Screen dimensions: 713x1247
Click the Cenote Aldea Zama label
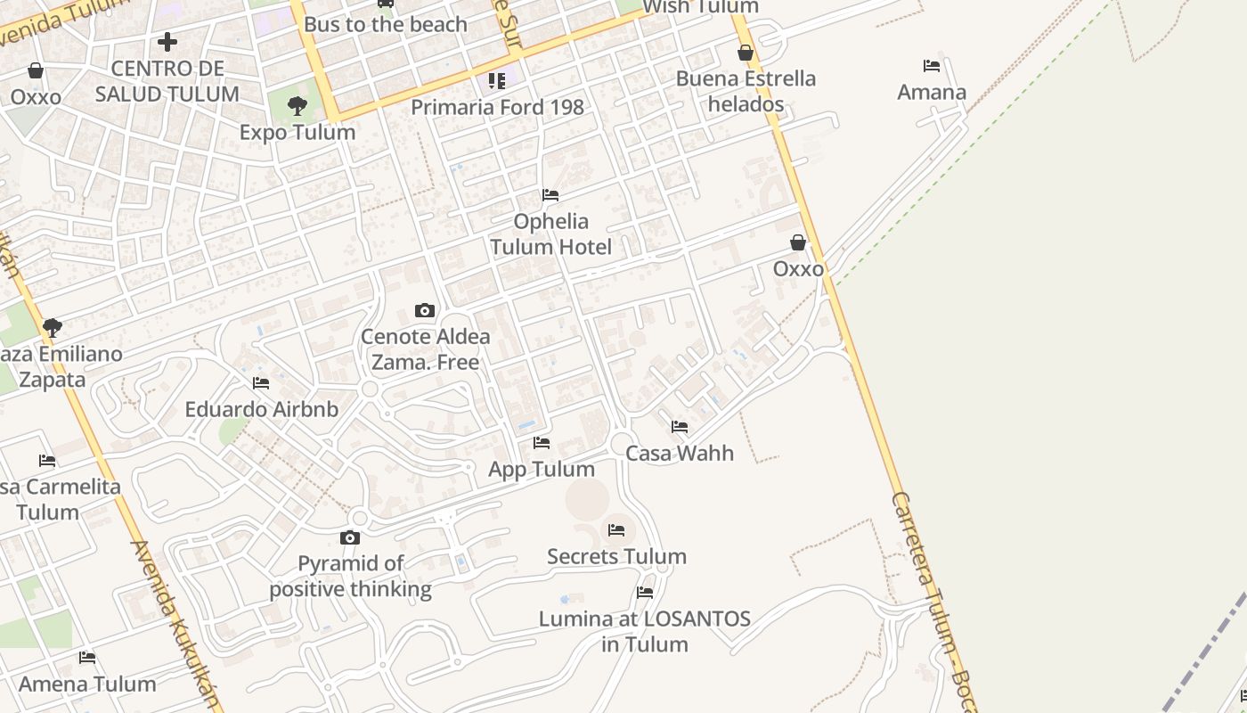pyautogui.click(x=425, y=349)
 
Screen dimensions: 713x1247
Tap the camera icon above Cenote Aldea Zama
pyautogui.click(x=425, y=311)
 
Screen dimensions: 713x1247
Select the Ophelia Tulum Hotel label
pyautogui.click(x=550, y=234)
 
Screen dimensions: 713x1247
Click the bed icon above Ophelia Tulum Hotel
pyautogui.click(x=550, y=195)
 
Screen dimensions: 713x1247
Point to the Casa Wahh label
pyautogui.click(x=680, y=453)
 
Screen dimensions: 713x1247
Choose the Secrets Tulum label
pyautogui.click(x=616, y=557)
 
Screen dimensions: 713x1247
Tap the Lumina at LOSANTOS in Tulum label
pyautogui.click(x=645, y=631)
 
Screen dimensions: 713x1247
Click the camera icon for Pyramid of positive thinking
pyautogui.click(x=350, y=537)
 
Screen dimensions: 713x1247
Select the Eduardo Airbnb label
pyautogui.click(x=261, y=409)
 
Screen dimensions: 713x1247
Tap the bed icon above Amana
pyautogui.click(x=932, y=66)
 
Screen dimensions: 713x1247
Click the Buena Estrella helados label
pyautogui.click(x=746, y=91)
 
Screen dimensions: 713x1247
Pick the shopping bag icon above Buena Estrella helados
pyautogui.click(x=746, y=53)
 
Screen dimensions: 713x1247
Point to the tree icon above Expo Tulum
pyautogui.click(x=297, y=106)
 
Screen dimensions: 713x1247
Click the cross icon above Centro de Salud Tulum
pyautogui.click(x=167, y=42)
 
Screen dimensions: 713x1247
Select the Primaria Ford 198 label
pyautogui.click(x=497, y=107)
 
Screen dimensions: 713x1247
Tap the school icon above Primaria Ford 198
pyautogui.click(x=497, y=81)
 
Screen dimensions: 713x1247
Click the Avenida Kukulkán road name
pyautogui.click(x=175, y=624)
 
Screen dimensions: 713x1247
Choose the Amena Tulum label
pyautogui.click(x=87, y=684)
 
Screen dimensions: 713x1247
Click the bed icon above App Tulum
pyautogui.click(x=541, y=443)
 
